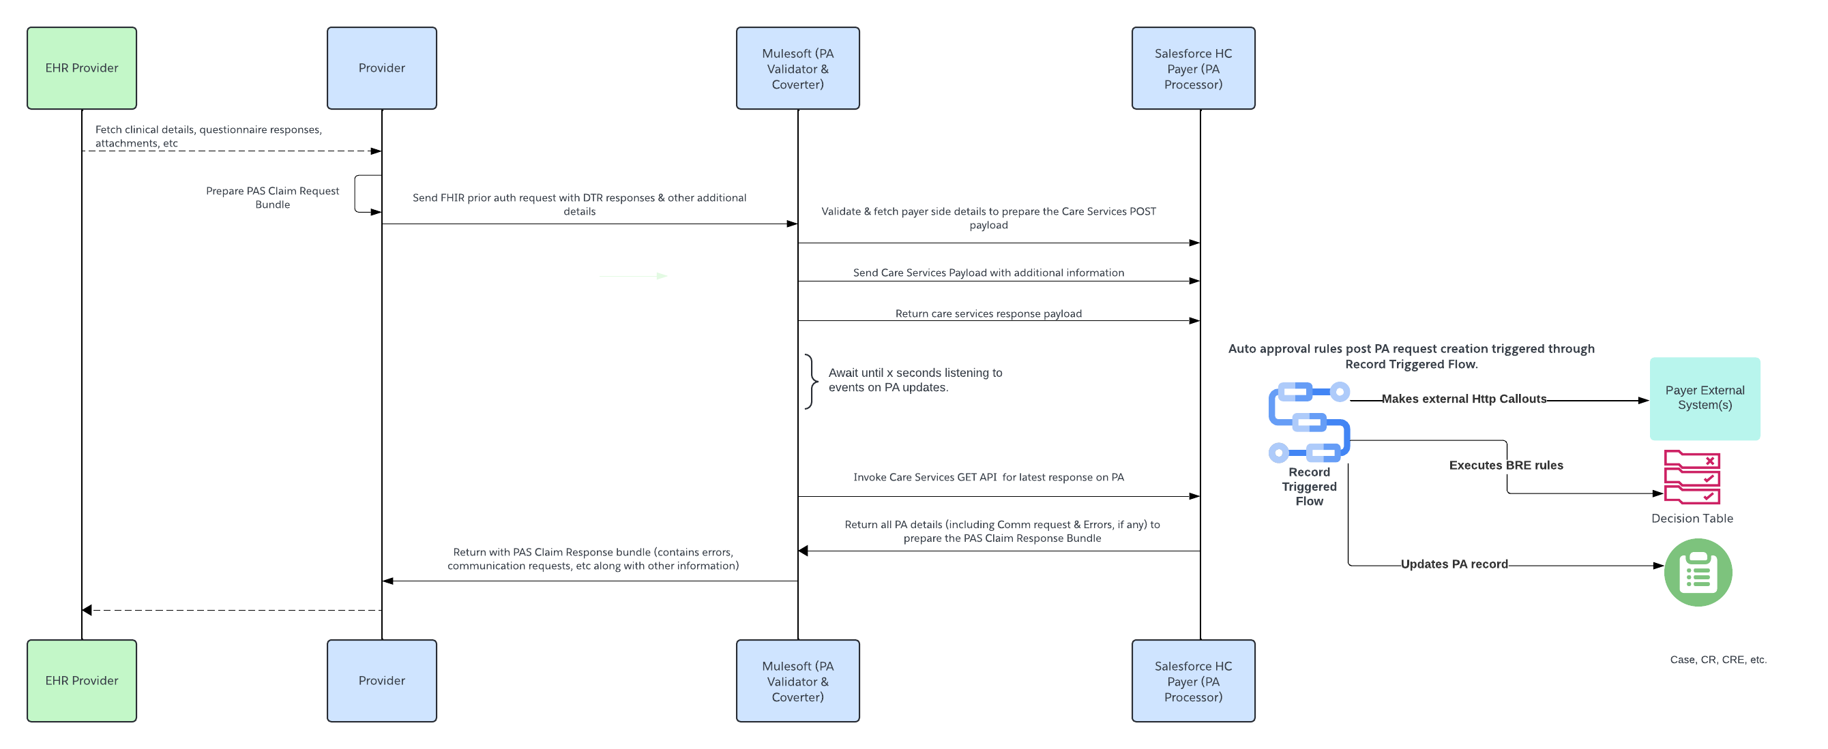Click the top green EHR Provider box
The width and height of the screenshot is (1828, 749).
82,68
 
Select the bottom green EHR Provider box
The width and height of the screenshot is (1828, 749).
82,680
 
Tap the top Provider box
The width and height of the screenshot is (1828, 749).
381,68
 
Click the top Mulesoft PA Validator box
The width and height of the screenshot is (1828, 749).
797,68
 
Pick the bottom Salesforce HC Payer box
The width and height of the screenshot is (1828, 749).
1192,680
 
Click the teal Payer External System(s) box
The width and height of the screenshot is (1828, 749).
1704,398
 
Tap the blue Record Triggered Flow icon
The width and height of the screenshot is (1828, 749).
1308,422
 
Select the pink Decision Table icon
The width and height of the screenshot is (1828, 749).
1691,476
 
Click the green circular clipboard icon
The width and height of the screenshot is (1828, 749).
1697,572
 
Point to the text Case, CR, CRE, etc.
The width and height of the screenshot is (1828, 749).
1718,659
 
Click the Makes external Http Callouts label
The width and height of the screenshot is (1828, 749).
1463,399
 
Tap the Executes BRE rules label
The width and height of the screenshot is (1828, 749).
1505,465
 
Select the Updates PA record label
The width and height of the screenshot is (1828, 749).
1454,564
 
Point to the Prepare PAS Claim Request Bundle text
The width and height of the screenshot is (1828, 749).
273,197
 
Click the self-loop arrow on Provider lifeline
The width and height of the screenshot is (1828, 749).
357,193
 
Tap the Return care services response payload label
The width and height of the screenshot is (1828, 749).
988,314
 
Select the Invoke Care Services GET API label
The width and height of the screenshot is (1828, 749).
988,476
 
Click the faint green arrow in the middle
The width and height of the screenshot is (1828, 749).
633,276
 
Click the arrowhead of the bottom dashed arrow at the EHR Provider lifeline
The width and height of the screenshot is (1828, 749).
87,610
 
